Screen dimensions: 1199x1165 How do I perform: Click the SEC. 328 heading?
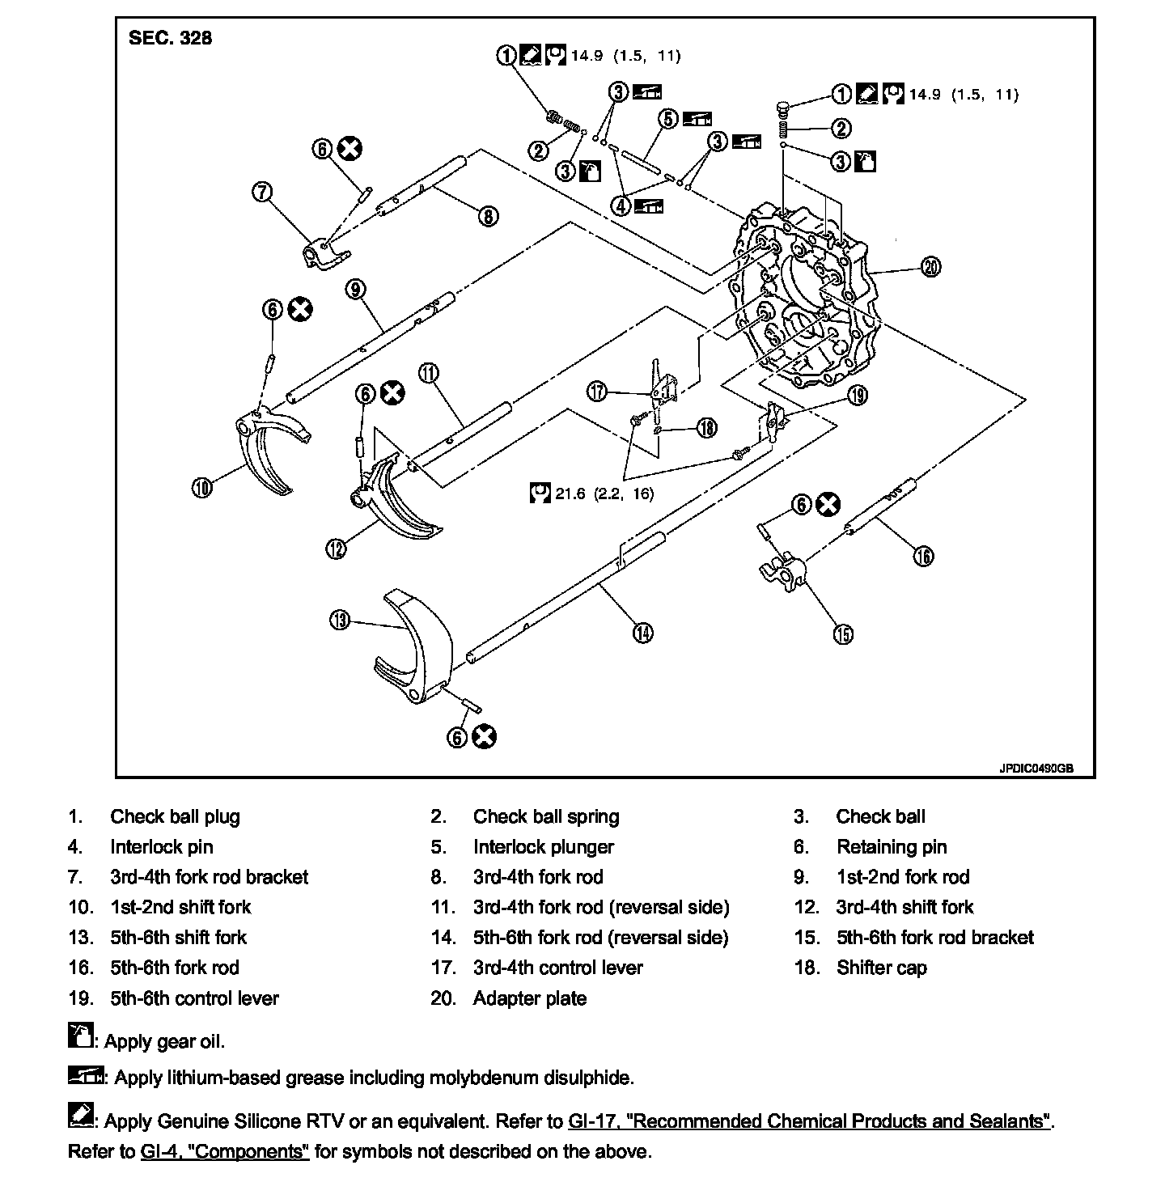[170, 38]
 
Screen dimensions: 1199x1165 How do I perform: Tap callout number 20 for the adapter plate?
[931, 267]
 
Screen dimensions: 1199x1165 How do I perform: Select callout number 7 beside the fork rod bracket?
[262, 192]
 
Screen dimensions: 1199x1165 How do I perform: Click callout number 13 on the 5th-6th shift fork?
[339, 620]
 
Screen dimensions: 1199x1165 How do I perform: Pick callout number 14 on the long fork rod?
[642, 633]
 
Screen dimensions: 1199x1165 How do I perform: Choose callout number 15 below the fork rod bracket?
[843, 634]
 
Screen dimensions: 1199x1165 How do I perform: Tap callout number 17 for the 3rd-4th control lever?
[597, 392]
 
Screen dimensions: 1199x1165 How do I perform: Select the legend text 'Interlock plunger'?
[543, 847]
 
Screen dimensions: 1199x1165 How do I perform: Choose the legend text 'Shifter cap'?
[881, 968]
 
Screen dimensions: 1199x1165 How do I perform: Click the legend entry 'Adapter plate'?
[529, 998]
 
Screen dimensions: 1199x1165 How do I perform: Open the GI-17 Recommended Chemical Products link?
[809, 1121]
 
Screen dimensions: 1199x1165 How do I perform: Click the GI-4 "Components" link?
[224, 1151]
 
